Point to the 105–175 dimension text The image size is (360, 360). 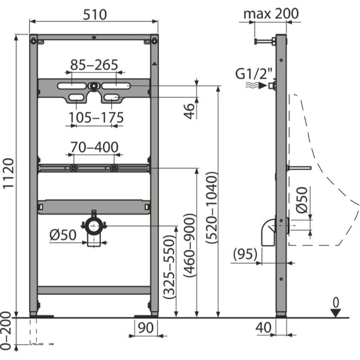tap(97, 118)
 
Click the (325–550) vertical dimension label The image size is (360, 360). tap(168, 267)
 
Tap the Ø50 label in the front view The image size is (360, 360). tap(63, 235)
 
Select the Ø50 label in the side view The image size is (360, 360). tap(302, 200)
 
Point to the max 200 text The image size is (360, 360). tap(271, 13)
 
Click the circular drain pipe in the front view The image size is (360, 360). tap(93, 226)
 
